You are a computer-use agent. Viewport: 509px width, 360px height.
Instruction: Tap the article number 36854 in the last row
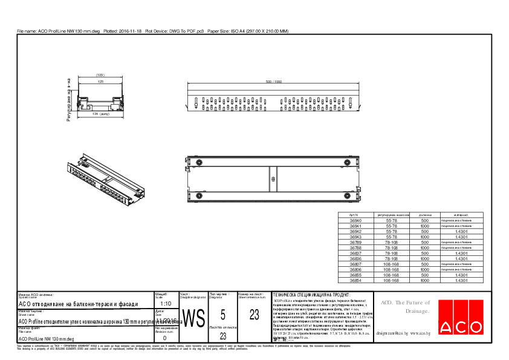[x=355, y=281]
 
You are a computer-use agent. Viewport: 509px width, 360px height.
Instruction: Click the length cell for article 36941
[x=424, y=226]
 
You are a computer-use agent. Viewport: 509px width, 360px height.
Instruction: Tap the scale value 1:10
[x=166, y=304]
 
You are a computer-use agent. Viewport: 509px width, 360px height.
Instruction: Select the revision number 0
[x=164, y=338]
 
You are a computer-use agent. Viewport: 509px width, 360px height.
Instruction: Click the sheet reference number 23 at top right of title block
[x=254, y=314]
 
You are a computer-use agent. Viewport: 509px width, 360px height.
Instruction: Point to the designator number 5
[x=223, y=314]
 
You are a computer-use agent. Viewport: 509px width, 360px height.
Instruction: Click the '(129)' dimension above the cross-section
[x=100, y=75]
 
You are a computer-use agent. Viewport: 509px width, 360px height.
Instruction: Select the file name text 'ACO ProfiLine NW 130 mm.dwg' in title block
[x=46, y=339]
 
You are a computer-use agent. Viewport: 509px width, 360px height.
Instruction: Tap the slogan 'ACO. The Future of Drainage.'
[x=404, y=307]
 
